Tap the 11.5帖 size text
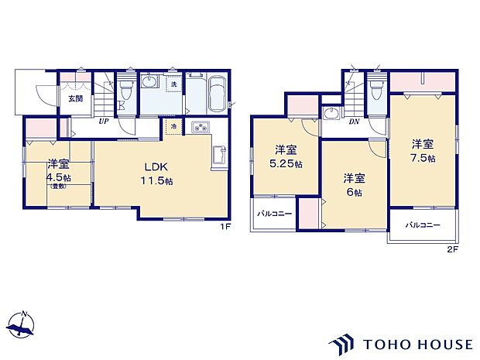(156, 180)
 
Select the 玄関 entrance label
(74, 98)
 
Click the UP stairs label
(101, 122)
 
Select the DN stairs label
(354, 122)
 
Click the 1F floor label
(225, 226)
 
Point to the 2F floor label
(452, 250)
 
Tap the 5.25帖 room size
(287, 165)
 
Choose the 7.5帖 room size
(422, 158)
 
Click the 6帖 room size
(353, 193)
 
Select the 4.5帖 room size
(57, 177)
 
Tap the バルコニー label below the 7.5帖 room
(423, 225)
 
